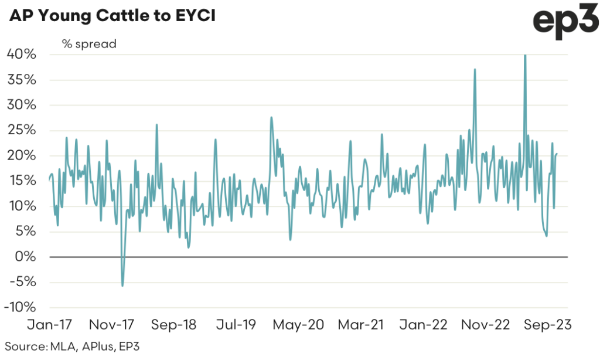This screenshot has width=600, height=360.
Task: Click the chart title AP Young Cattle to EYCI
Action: pos(111,16)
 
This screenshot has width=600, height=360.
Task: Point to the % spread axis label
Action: pos(89,43)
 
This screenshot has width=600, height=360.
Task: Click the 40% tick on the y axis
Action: pos(22,55)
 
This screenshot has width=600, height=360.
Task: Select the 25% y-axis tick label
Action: pos(22,130)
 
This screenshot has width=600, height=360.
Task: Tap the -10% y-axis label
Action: pos(19,307)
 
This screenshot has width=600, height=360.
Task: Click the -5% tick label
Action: pos(22,282)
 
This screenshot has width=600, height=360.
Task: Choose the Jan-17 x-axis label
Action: pos(50,324)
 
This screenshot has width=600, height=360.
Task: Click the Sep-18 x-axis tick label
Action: pos(174,324)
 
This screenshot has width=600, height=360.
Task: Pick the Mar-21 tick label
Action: pos(360,324)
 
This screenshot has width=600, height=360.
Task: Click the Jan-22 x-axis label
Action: pos(421,324)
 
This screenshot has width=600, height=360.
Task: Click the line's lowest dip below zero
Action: pos(122,285)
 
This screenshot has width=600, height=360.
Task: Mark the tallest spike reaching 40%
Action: pos(525,56)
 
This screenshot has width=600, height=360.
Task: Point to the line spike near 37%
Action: pos(475,70)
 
